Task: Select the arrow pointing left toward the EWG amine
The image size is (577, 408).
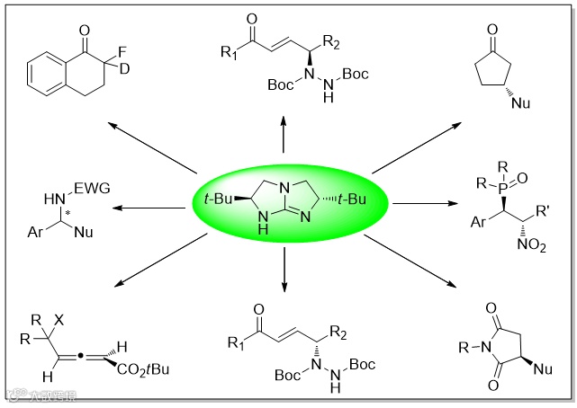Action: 144,208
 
